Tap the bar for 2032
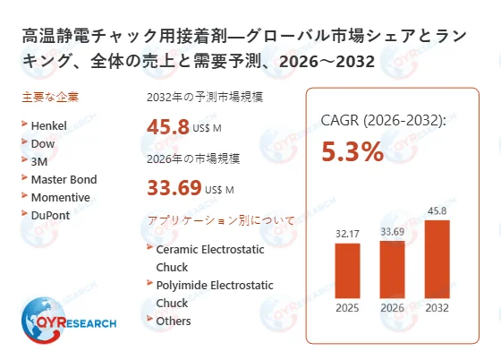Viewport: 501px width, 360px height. coord(436,263)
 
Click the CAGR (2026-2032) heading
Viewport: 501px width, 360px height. coord(384,120)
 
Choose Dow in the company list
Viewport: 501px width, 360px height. coord(42,143)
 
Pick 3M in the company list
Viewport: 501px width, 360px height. coord(39,161)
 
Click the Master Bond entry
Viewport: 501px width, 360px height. coord(64,179)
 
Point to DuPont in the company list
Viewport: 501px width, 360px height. coord(50,215)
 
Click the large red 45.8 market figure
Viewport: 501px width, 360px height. coord(168,127)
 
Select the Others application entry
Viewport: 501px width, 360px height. coord(174,321)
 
